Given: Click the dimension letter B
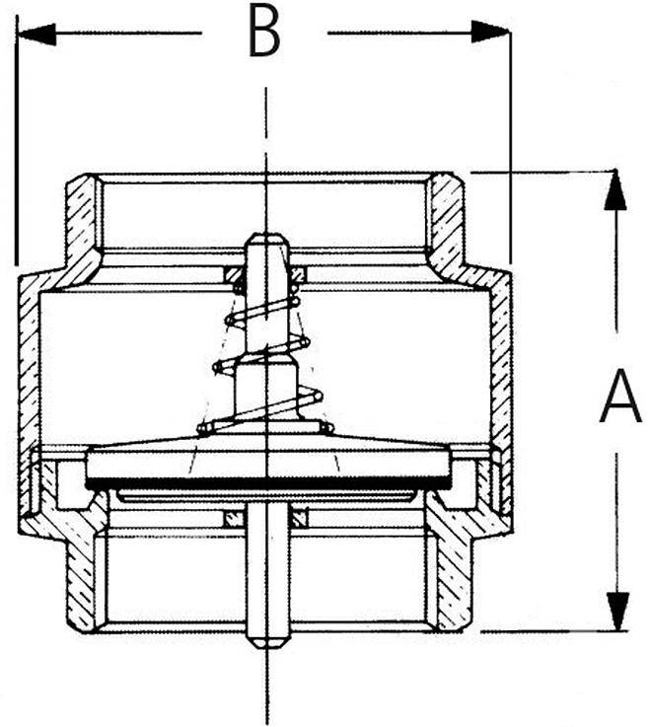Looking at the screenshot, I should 264,34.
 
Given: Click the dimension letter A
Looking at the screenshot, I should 620,398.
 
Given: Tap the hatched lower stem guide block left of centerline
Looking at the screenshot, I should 235,518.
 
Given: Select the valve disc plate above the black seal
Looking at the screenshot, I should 268,461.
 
